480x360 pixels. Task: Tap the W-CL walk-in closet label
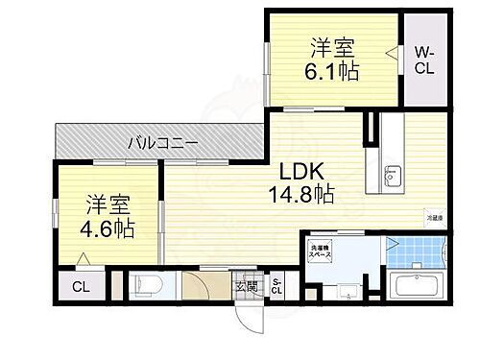tap(425, 62)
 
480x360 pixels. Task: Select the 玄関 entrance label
tap(244, 285)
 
